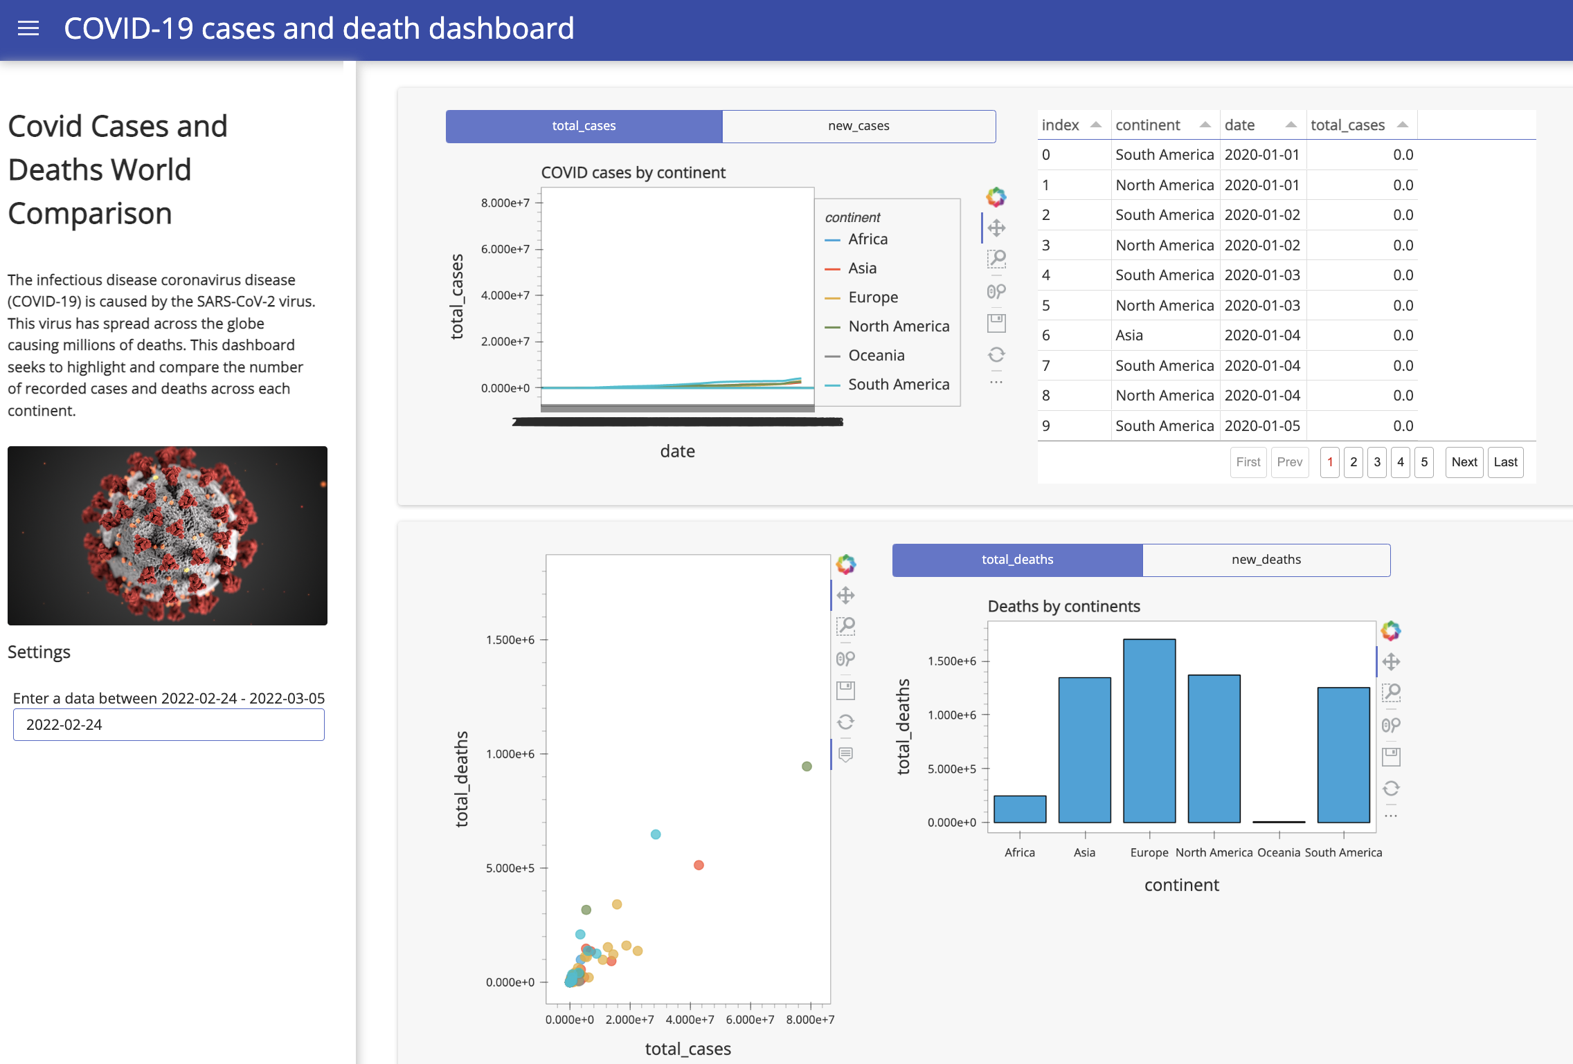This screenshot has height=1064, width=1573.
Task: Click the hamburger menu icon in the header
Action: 28,28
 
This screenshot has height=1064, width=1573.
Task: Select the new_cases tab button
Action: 859,126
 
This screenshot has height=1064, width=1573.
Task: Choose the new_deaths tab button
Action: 1266,560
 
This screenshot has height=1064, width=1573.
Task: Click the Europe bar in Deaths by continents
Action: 1149,731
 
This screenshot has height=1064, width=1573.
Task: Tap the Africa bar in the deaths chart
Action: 1020,809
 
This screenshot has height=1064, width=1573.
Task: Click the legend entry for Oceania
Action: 876,356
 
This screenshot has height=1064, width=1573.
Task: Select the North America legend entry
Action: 898,327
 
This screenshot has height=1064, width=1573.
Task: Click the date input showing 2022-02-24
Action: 168,724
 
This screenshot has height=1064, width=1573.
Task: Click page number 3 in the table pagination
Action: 1377,462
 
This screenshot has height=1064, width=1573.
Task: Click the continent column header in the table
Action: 1148,125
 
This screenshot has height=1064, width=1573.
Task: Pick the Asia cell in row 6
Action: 1129,336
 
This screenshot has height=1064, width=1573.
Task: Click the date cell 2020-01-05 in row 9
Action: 1262,426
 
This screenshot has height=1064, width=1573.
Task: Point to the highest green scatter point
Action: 807,767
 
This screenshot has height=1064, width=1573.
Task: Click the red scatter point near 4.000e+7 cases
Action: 699,865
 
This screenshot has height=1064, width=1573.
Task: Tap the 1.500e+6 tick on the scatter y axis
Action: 510,640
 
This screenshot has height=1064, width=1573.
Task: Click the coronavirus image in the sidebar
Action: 168,535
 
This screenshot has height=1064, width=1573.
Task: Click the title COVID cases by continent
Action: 633,173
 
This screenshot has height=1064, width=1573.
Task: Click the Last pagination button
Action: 1505,462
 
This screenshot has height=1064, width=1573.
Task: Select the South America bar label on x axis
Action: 1343,853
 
